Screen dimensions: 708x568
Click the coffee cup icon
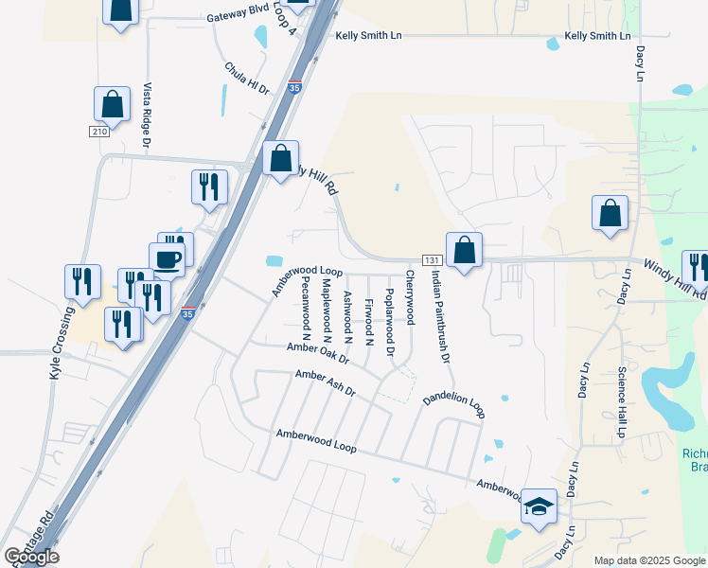coord(167,258)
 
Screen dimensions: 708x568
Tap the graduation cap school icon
coord(539,508)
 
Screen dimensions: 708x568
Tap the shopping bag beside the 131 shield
coord(464,252)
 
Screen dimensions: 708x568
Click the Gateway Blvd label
coord(239,17)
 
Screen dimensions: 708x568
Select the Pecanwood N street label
coord(306,308)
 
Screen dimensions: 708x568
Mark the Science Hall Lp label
coord(622,401)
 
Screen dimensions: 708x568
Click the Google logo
coord(31,557)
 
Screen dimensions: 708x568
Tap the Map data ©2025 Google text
coord(648,560)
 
